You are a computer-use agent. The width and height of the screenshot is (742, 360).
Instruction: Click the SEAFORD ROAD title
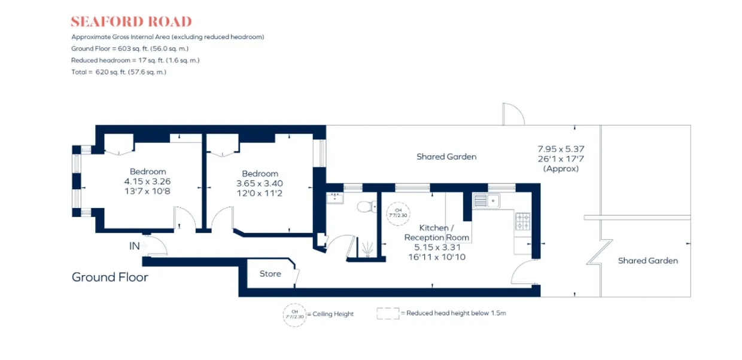pos(131,22)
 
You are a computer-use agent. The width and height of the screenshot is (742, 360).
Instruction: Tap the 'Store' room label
pos(270,273)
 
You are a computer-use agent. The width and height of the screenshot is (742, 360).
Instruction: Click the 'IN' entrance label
pos(134,246)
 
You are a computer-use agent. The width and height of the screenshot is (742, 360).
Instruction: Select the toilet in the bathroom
pos(367,207)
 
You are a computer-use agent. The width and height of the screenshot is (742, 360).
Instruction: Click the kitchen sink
pos(486,201)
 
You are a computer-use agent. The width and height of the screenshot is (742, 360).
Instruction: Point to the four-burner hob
pos(523,221)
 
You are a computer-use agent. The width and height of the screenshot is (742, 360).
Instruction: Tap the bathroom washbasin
pos(335,198)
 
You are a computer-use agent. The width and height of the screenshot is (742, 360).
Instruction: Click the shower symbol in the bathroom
pos(367,249)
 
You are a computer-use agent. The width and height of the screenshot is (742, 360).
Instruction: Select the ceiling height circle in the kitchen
pos(398,213)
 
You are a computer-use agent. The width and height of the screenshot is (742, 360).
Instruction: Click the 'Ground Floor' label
pos(110,277)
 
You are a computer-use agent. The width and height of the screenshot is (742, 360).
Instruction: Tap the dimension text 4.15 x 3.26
pos(147,181)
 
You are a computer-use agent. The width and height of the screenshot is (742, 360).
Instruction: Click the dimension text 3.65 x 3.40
pos(260,184)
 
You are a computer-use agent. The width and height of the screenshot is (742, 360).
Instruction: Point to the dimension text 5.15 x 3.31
pos(437,247)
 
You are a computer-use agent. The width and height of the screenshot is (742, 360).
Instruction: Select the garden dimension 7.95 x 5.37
pos(561,149)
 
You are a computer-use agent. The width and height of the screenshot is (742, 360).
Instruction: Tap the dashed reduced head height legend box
pos(388,313)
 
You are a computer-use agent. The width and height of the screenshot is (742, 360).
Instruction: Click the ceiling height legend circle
pos(294,315)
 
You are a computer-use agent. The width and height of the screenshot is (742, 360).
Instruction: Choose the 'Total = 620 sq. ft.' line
pos(118,72)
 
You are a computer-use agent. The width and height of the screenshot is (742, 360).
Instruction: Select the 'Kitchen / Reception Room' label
pos(437,233)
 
